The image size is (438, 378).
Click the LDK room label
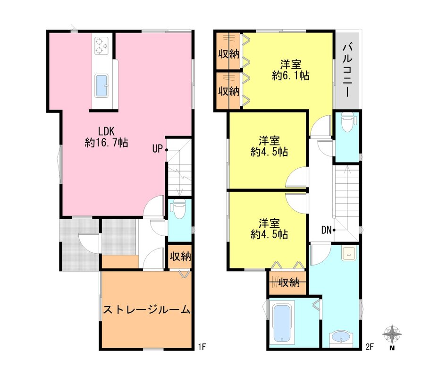(x=106, y=137)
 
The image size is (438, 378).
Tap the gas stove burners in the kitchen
(x=101, y=46)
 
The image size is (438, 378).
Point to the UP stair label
(x=157, y=149)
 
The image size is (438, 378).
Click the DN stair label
(x=326, y=231)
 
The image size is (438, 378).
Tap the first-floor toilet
(x=177, y=209)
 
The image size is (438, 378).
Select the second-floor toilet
(x=348, y=121)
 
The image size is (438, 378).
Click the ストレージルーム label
(x=147, y=310)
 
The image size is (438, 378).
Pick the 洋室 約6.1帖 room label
(x=291, y=70)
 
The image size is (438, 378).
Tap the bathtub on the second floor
(x=282, y=323)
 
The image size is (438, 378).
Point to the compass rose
(x=392, y=334)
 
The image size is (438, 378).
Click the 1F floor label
(x=202, y=347)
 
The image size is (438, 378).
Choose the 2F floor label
(x=370, y=347)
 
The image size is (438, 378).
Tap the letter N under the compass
(x=392, y=348)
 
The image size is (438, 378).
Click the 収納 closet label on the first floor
(x=180, y=257)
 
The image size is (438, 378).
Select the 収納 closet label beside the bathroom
(x=289, y=283)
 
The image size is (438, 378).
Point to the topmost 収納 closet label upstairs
(x=229, y=54)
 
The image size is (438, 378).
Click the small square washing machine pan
(x=349, y=254)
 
